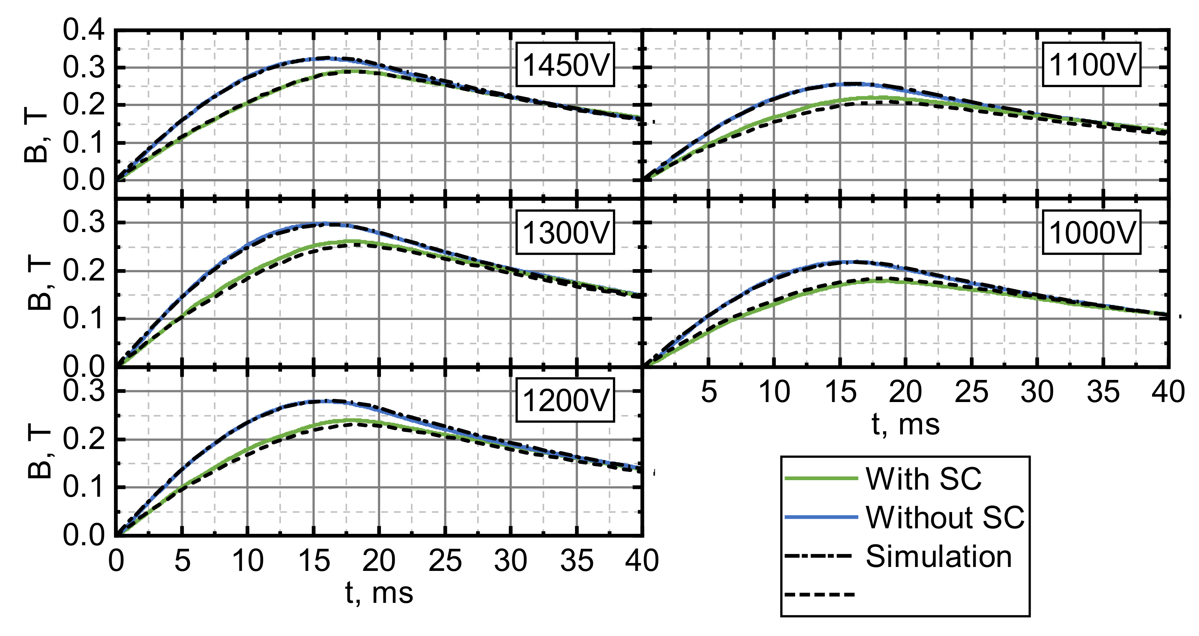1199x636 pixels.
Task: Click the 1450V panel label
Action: click(565, 65)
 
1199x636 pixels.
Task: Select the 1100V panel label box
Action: click(1091, 65)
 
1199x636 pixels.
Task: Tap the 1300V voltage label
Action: click(565, 232)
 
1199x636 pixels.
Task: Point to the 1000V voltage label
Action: click(1091, 232)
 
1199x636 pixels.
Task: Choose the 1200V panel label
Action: click(565, 400)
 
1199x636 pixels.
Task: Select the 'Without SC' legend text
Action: click(945, 517)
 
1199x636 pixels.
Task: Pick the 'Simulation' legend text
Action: click(938, 556)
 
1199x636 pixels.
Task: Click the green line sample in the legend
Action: click(821, 479)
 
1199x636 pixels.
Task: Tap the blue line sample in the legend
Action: click(821, 517)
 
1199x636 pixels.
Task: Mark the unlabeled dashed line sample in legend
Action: click(819, 595)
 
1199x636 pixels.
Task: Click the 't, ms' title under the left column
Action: click(379, 593)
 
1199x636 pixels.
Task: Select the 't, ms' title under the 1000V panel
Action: click(905, 425)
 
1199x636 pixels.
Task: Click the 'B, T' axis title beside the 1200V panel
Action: click(39, 454)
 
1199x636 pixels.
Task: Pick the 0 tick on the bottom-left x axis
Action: click(116, 561)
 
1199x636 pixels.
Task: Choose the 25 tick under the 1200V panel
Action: click(445, 561)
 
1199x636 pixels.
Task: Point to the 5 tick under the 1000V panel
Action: click(708, 392)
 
